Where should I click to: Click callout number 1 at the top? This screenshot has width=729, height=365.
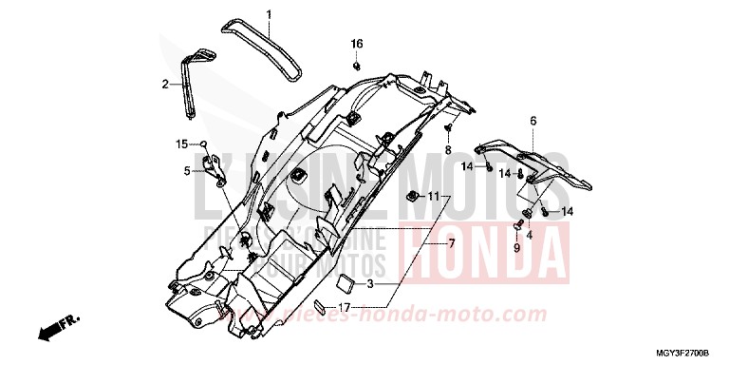click(269, 14)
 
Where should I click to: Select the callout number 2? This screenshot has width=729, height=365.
click(164, 85)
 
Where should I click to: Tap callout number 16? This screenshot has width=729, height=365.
click(357, 45)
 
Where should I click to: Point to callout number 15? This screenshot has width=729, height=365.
click(180, 144)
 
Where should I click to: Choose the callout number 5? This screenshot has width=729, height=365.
click(188, 171)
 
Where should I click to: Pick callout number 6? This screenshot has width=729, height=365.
click(533, 121)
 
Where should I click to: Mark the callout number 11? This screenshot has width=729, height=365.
click(433, 197)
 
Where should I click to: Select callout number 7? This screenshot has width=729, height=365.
click(452, 244)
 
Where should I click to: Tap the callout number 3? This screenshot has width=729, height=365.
click(371, 284)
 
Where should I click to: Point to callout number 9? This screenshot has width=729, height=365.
click(517, 247)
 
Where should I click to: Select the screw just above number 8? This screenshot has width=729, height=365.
click(447, 127)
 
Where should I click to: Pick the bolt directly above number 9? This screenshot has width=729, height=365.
click(518, 226)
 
